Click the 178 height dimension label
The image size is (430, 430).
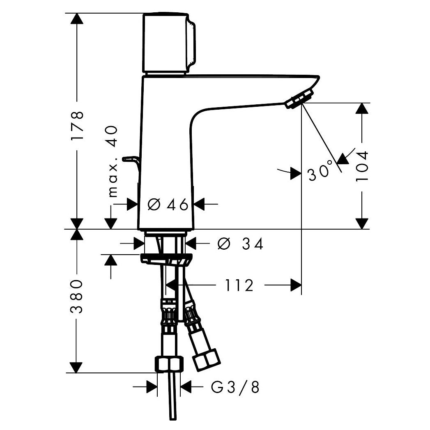pyautogui.click(x=77, y=126)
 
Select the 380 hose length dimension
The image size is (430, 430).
pyautogui.click(x=77, y=297)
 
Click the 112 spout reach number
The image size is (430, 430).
pyautogui.click(x=239, y=285)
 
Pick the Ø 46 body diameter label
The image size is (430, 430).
pyautogui.click(x=168, y=204)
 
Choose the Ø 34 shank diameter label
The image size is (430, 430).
pyautogui.click(x=240, y=244)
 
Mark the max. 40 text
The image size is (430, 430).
pyautogui.click(x=113, y=161)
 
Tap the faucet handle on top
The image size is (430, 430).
pyautogui.click(x=168, y=43)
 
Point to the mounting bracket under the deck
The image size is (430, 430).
pyautogui.click(x=166, y=260)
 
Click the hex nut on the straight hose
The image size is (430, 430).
pyautogui.click(x=169, y=363)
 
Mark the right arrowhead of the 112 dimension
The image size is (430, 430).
pyautogui.click(x=296, y=285)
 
